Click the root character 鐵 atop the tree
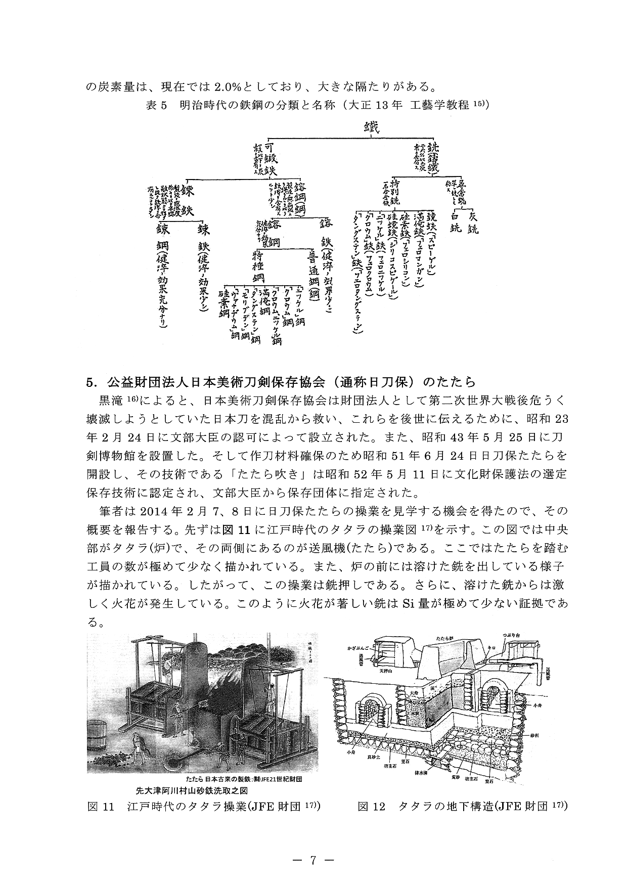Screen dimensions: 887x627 pyautogui.click(x=371, y=127)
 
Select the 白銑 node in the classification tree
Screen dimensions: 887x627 pyautogui.click(x=456, y=221)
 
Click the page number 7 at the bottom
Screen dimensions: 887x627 pyautogui.click(x=313, y=860)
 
